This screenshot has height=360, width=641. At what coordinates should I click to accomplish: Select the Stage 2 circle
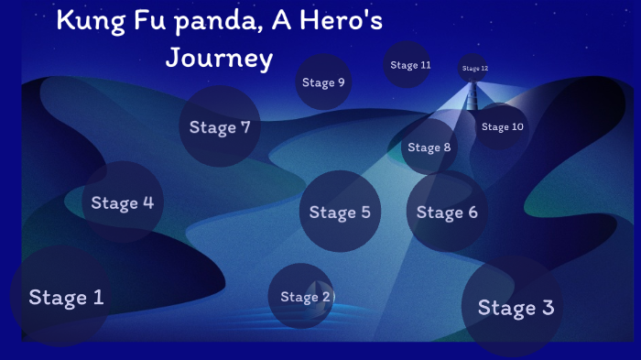(301, 296)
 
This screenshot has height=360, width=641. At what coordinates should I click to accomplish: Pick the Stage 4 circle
(122, 202)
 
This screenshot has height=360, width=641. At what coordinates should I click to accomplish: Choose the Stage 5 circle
(340, 212)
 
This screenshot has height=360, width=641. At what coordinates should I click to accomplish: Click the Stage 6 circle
(447, 212)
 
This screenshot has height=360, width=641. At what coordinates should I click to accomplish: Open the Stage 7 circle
(220, 126)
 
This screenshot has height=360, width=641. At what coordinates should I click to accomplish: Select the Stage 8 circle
(429, 147)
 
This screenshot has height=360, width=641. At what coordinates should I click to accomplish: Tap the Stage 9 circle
(323, 82)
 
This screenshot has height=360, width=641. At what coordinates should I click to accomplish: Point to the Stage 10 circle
(502, 126)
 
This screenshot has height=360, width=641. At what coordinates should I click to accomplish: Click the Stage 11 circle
(408, 65)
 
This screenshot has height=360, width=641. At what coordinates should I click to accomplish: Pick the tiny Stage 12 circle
(474, 68)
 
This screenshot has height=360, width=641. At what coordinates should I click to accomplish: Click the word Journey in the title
(219, 59)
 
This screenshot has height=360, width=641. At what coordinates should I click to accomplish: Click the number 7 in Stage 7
(244, 126)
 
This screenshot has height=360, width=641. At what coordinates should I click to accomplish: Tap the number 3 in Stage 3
(547, 307)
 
